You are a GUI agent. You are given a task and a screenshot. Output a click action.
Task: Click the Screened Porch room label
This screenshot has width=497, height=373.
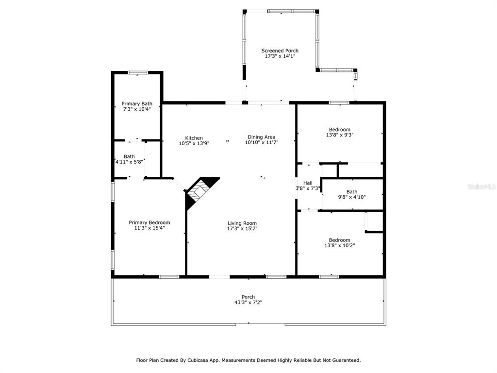[280, 51]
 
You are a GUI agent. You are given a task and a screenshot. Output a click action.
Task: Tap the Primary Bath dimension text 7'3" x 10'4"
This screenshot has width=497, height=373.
[137, 109]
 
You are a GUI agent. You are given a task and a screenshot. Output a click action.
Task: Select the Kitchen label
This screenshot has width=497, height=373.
[194, 138]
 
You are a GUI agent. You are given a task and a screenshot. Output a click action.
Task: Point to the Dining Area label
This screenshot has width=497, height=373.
[262, 137]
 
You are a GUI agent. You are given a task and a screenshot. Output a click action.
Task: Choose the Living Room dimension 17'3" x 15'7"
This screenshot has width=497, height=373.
[242, 228]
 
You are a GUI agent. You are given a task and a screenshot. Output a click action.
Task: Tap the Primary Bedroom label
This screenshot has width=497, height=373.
[149, 222]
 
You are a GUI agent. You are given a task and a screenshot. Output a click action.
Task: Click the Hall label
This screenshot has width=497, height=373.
[308, 183]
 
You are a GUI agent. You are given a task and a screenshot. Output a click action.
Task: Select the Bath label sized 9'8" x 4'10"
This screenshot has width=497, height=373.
[352, 191]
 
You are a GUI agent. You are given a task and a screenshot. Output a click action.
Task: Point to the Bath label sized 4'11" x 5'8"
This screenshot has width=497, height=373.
[129, 156]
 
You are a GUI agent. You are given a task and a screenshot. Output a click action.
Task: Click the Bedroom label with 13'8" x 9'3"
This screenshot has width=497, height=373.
[339, 129]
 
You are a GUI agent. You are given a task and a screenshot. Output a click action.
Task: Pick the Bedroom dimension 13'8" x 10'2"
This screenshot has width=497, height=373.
[339, 245]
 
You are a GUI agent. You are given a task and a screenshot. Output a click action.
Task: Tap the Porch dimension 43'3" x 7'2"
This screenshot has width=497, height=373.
[248, 302]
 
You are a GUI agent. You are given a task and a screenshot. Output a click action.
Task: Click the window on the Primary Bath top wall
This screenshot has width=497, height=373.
[138, 73]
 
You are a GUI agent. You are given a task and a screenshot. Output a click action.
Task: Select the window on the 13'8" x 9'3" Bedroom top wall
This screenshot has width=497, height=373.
[339, 103]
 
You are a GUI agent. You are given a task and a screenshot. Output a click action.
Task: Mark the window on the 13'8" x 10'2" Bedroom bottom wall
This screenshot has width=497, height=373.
[329, 277]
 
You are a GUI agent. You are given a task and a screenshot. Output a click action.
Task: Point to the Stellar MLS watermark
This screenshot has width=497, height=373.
[481, 186]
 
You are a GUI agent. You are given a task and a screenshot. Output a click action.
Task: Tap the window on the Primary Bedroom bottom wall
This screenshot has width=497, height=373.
[169, 277]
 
